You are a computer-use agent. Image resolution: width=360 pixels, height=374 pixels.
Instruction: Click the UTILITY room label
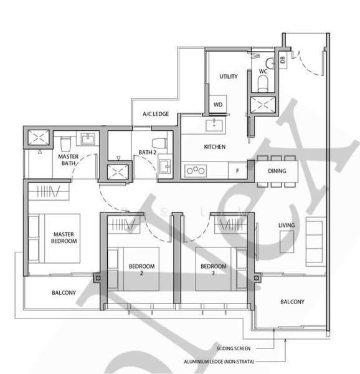coord(229,77)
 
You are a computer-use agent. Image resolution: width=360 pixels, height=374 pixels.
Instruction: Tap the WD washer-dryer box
coord(218,104)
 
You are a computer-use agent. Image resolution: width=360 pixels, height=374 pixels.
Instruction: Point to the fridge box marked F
coord(237,170)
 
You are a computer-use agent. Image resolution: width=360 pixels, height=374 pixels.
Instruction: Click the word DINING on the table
coord(277,170)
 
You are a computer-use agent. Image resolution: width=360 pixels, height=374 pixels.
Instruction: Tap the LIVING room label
coord(287,225)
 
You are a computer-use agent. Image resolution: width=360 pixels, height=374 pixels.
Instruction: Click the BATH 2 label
coord(148,152)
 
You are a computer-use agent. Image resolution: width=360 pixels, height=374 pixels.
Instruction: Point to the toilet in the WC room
coord(267,63)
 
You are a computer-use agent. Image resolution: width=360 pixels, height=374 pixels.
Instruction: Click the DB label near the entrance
coord(282,60)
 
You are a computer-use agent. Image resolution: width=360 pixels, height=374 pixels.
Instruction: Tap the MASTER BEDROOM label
coord(64,237)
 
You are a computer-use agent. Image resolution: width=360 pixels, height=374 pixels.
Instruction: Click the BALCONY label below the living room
coord(292,302)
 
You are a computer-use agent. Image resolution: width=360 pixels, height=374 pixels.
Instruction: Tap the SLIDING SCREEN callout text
coord(234,348)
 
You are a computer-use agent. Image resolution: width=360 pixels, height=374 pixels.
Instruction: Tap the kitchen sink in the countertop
coord(216,124)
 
